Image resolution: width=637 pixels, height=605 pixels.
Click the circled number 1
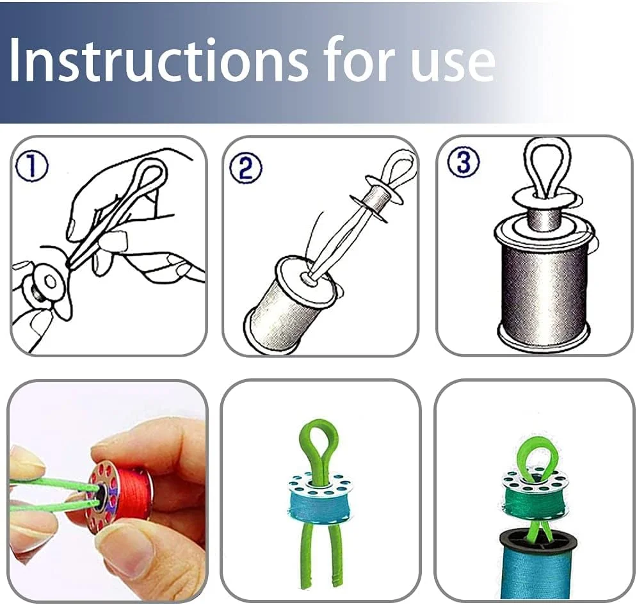tap(31, 166)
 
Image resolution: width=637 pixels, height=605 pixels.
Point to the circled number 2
tap(246, 168)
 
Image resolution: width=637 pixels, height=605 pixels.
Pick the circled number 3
tap(463, 161)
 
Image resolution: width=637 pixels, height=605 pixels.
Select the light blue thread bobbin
tap(319, 495)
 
